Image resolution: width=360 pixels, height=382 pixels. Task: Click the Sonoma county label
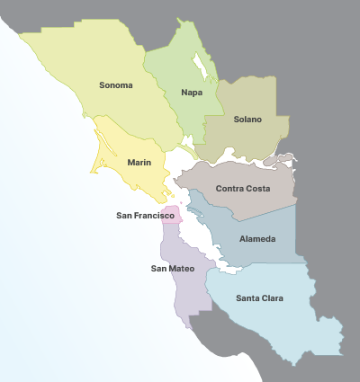pos(116,85)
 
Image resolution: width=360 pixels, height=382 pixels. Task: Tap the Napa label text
pos(191,93)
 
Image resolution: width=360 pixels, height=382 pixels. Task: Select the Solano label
pos(247,119)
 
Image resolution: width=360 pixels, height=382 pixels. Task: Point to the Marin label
pos(139,163)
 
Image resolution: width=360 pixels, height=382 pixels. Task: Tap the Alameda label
pos(257,239)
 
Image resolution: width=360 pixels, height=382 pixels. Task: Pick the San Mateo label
pos(172,268)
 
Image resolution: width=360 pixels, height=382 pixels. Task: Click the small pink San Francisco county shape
pos(171,218)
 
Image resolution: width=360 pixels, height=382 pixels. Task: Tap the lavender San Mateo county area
pos(191,292)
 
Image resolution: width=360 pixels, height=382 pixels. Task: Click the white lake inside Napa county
pos(202,66)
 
